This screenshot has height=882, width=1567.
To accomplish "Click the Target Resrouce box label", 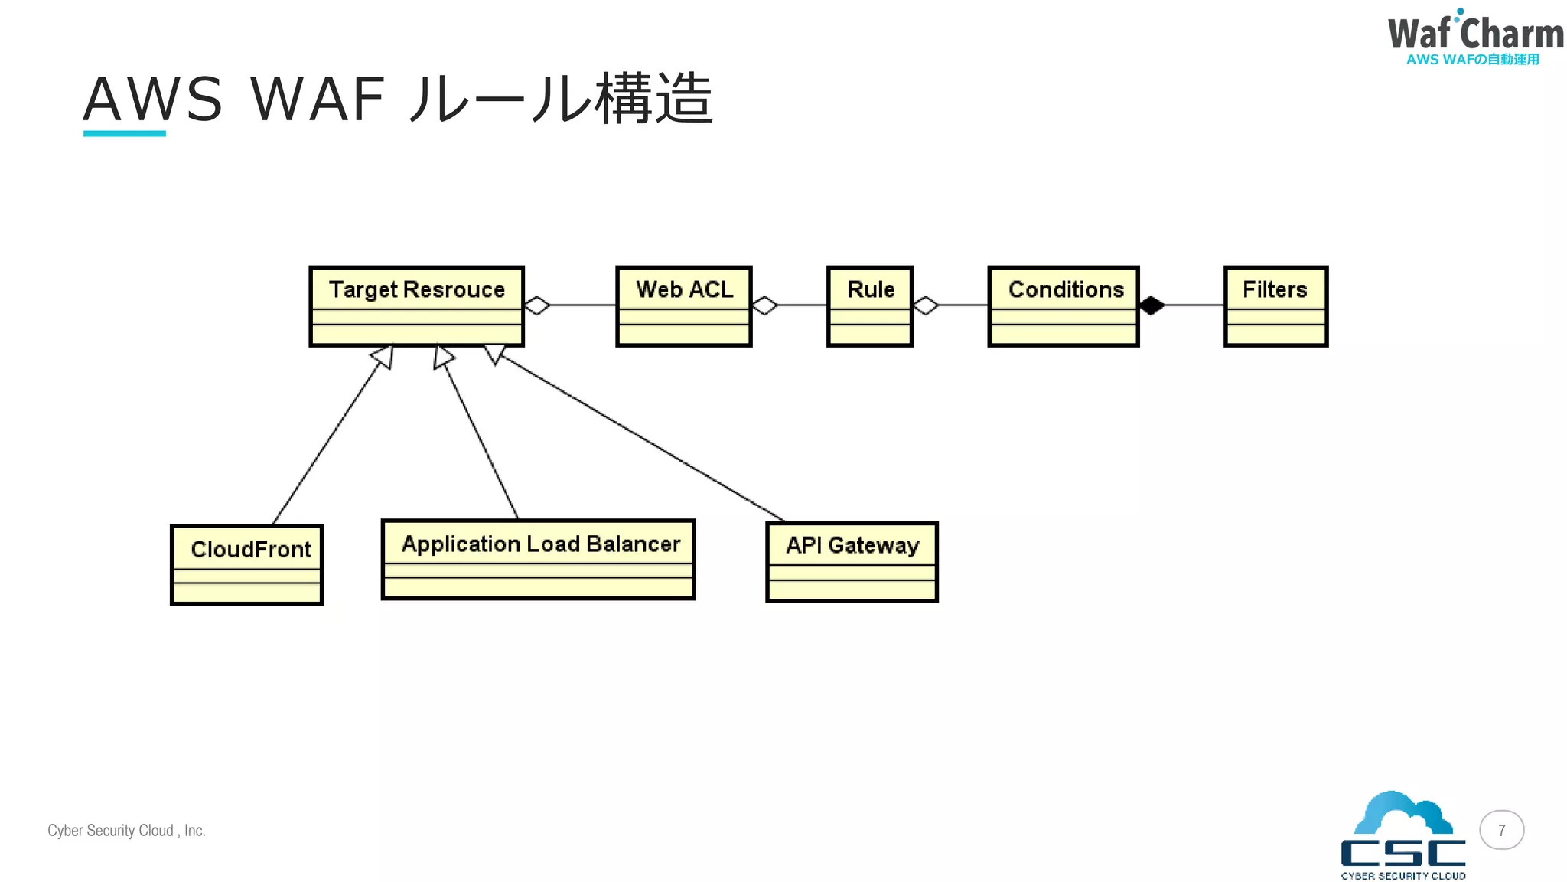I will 416,289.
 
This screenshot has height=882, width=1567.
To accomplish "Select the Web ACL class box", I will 684,306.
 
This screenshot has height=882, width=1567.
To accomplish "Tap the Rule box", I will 870,306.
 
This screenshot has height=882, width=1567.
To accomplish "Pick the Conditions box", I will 1064,306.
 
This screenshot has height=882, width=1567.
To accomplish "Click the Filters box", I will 1275,306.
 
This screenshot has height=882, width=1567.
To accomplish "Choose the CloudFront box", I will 246,565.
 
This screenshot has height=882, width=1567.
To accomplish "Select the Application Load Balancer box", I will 538,560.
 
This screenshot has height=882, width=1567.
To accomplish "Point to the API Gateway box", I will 852,563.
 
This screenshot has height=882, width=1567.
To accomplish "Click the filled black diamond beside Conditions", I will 1152,305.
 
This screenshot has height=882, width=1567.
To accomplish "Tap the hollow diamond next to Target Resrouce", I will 537,305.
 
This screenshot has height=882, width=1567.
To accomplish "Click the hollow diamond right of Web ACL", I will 764,305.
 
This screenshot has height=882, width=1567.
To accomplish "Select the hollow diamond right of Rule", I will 926,305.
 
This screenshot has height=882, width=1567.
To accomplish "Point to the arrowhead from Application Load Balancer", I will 442,356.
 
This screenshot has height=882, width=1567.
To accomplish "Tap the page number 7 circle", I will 1501,830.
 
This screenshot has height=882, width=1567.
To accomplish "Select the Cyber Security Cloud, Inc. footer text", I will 126,831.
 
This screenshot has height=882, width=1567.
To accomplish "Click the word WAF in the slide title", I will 317,100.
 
